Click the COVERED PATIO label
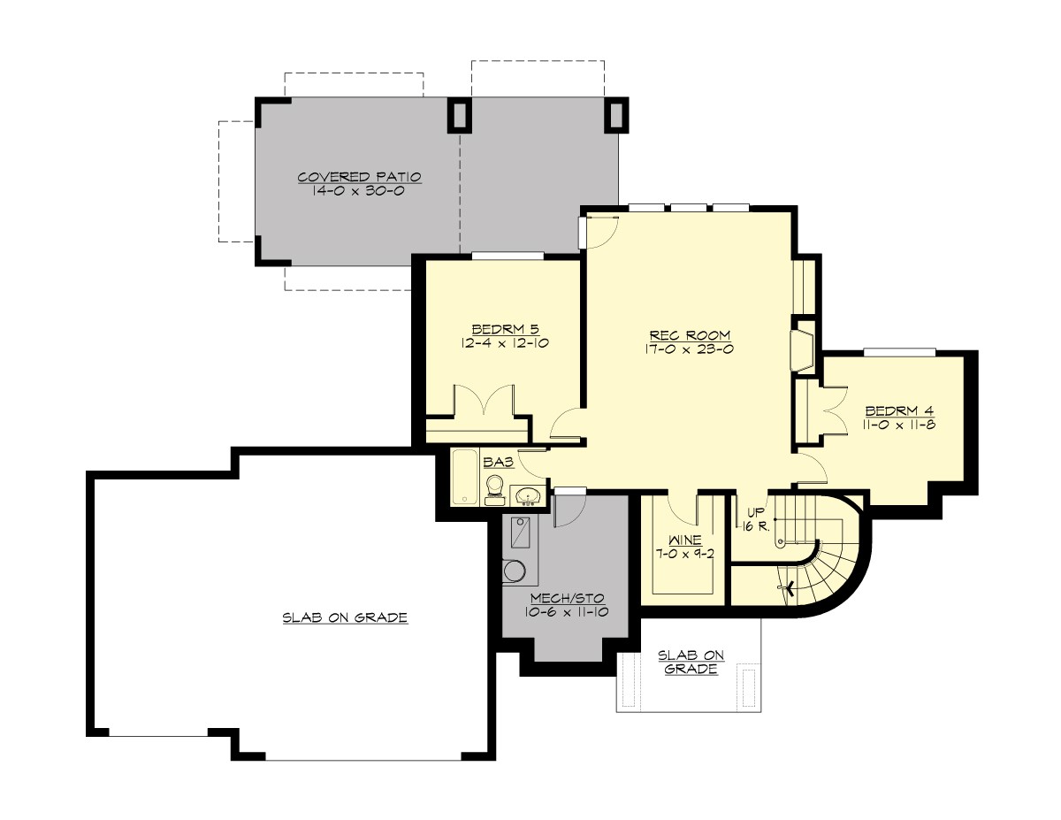(x=359, y=177)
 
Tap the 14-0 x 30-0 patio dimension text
(x=359, y=191)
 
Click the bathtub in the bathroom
(x=464, y=477)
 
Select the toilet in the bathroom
(x=494, y=488)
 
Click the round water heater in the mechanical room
(x=514, y=572)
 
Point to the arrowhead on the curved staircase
(x=786, y=586)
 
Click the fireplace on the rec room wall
(x=801, y=348)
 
